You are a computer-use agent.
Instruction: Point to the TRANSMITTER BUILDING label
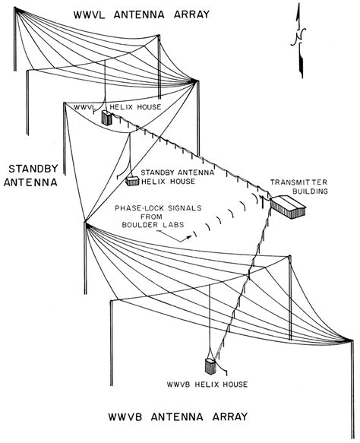click(298, 187)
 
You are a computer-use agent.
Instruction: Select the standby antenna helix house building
click(133, 180)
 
